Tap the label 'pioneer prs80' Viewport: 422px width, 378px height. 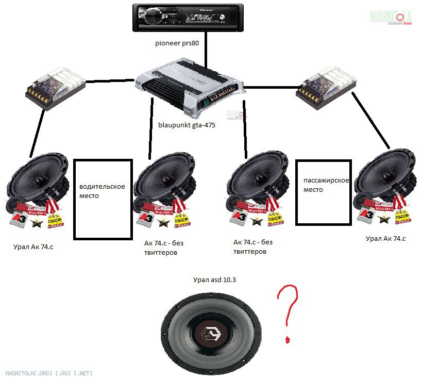coord(177,43)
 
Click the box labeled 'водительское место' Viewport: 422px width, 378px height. coord(103,199)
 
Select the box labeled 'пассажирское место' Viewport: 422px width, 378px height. coord(324,192)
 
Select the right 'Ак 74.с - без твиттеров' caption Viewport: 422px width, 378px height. coord(252,246)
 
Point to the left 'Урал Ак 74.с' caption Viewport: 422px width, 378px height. coord(33,246)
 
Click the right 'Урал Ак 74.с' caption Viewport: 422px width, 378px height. coord(385,238)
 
